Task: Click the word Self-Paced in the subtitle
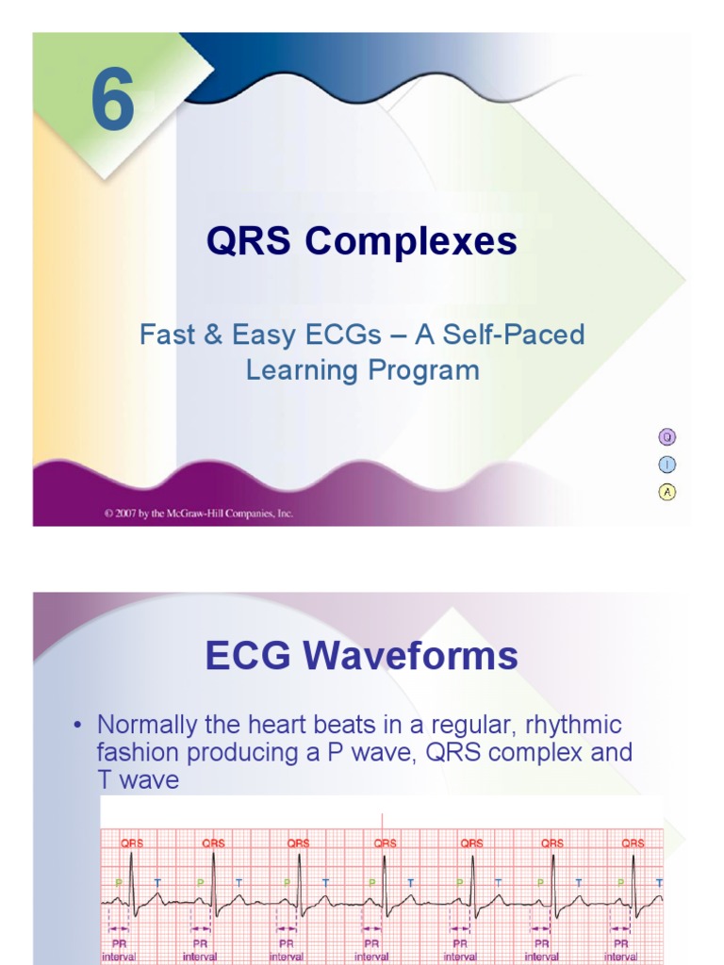521,335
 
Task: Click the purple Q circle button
666,436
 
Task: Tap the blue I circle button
666,464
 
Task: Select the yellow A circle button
666,491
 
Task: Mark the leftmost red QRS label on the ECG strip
132,843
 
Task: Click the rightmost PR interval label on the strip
621,949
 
